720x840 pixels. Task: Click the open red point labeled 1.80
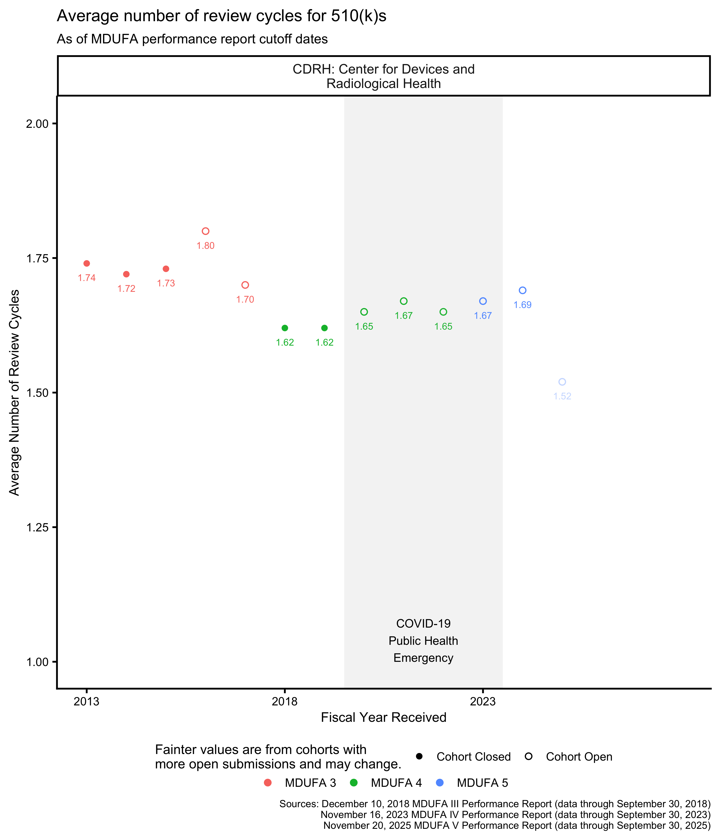(206, 231)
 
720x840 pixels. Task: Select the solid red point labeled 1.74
(87, 264)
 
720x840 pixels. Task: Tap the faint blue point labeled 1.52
(562, 382)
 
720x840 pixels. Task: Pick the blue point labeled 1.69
(523, 290)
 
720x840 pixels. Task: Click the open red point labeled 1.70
(245, 285)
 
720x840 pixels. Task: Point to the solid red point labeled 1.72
(126, 274)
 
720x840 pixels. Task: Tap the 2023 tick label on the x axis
(483, 702)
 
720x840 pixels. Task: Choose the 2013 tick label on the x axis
(87, 702)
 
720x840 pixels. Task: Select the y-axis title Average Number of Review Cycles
(15, 392)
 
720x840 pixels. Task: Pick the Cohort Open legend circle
(529, 756)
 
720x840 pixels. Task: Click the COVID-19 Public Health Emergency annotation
(423, 641)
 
